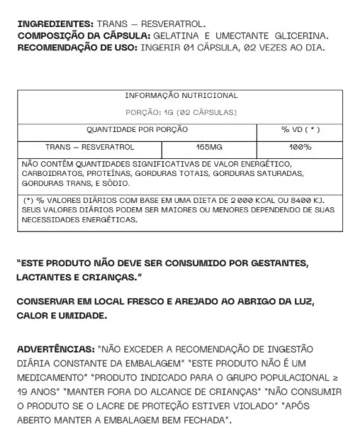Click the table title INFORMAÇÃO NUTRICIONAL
click(x=181, y=96)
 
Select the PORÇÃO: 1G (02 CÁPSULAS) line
click(x=181, y=113)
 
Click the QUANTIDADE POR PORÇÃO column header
click(x=127, y=131)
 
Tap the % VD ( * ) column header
click(x=300, y=131)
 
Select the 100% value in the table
click(x=300, y=148)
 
